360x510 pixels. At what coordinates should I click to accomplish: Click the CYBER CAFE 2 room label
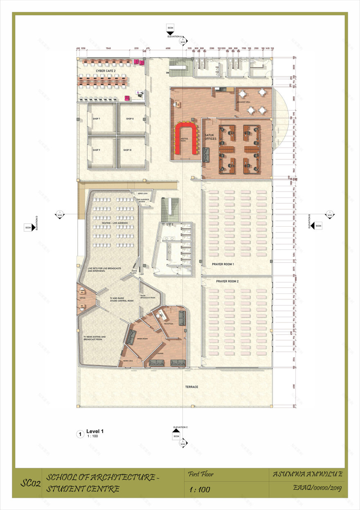(x=106, y=71)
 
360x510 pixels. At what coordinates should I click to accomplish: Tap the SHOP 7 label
(x=97, y=119)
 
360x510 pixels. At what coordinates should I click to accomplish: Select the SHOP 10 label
(x=127, y=150)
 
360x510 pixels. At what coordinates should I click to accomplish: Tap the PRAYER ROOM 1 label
(x=223, y=264)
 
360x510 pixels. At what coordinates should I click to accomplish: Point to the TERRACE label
(x=191, y=386)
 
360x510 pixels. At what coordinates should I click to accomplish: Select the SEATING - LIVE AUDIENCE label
(x=115, y=223)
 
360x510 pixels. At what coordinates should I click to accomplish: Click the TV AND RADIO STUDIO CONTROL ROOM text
(x=122, y=299)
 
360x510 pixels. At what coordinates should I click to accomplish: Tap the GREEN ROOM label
(x=142, y=338)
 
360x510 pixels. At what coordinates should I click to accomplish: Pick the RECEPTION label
(x=169, y=324)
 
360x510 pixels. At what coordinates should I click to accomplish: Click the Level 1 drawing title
(x=95, y=431)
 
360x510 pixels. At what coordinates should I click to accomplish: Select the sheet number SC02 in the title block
(x=31, y=484)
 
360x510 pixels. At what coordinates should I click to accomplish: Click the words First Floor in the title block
(x=200, y=475)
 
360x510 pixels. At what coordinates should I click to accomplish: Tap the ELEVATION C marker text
(x=180, y=427)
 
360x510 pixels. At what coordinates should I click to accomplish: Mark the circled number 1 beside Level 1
(x=80, y=434)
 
